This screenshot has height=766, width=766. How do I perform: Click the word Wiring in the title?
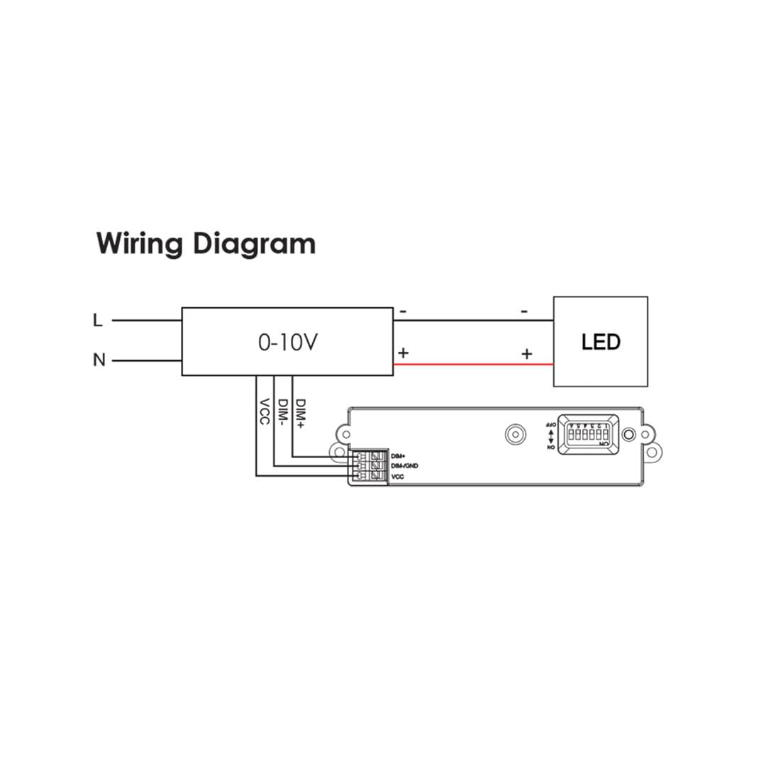(140, 243)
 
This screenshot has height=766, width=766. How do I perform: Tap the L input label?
(98, 321)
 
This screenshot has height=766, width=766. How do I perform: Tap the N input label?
(99, 360)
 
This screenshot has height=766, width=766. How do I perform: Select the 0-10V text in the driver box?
(287, 343)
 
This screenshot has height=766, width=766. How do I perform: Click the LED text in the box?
(601, 342)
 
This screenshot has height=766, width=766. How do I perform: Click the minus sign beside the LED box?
(524, 311)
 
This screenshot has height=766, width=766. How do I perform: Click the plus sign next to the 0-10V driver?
(403, 353)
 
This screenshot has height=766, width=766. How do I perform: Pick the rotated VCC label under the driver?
(264, 411)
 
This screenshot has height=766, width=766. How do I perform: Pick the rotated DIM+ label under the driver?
(301, 413)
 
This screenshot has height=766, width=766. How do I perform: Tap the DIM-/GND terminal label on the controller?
(404, 466)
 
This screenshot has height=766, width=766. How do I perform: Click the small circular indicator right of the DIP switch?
(628, 434)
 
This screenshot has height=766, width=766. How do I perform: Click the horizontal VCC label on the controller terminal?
(397, 477)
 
